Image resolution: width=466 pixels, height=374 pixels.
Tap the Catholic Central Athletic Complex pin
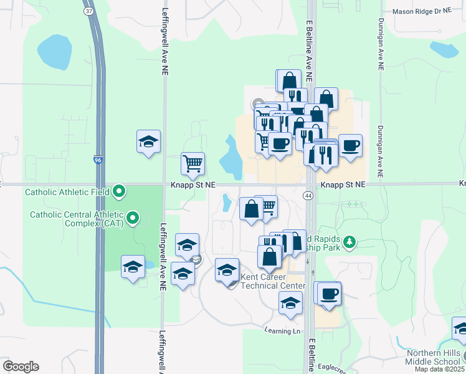click(133, 218)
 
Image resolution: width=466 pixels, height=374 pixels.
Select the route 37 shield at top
click(89, 11)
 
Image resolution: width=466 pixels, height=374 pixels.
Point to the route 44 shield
click(308, 196)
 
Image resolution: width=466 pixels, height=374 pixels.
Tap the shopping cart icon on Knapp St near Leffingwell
click(193, 163)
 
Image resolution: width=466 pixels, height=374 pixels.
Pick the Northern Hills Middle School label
click(433, 357)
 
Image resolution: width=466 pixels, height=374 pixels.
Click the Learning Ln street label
click(282, 330)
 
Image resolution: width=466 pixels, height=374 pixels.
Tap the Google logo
click(21, 367)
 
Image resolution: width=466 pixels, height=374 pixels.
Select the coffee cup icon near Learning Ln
click(329, 293)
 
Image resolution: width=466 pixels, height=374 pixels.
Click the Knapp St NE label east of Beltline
click(342, 185)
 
